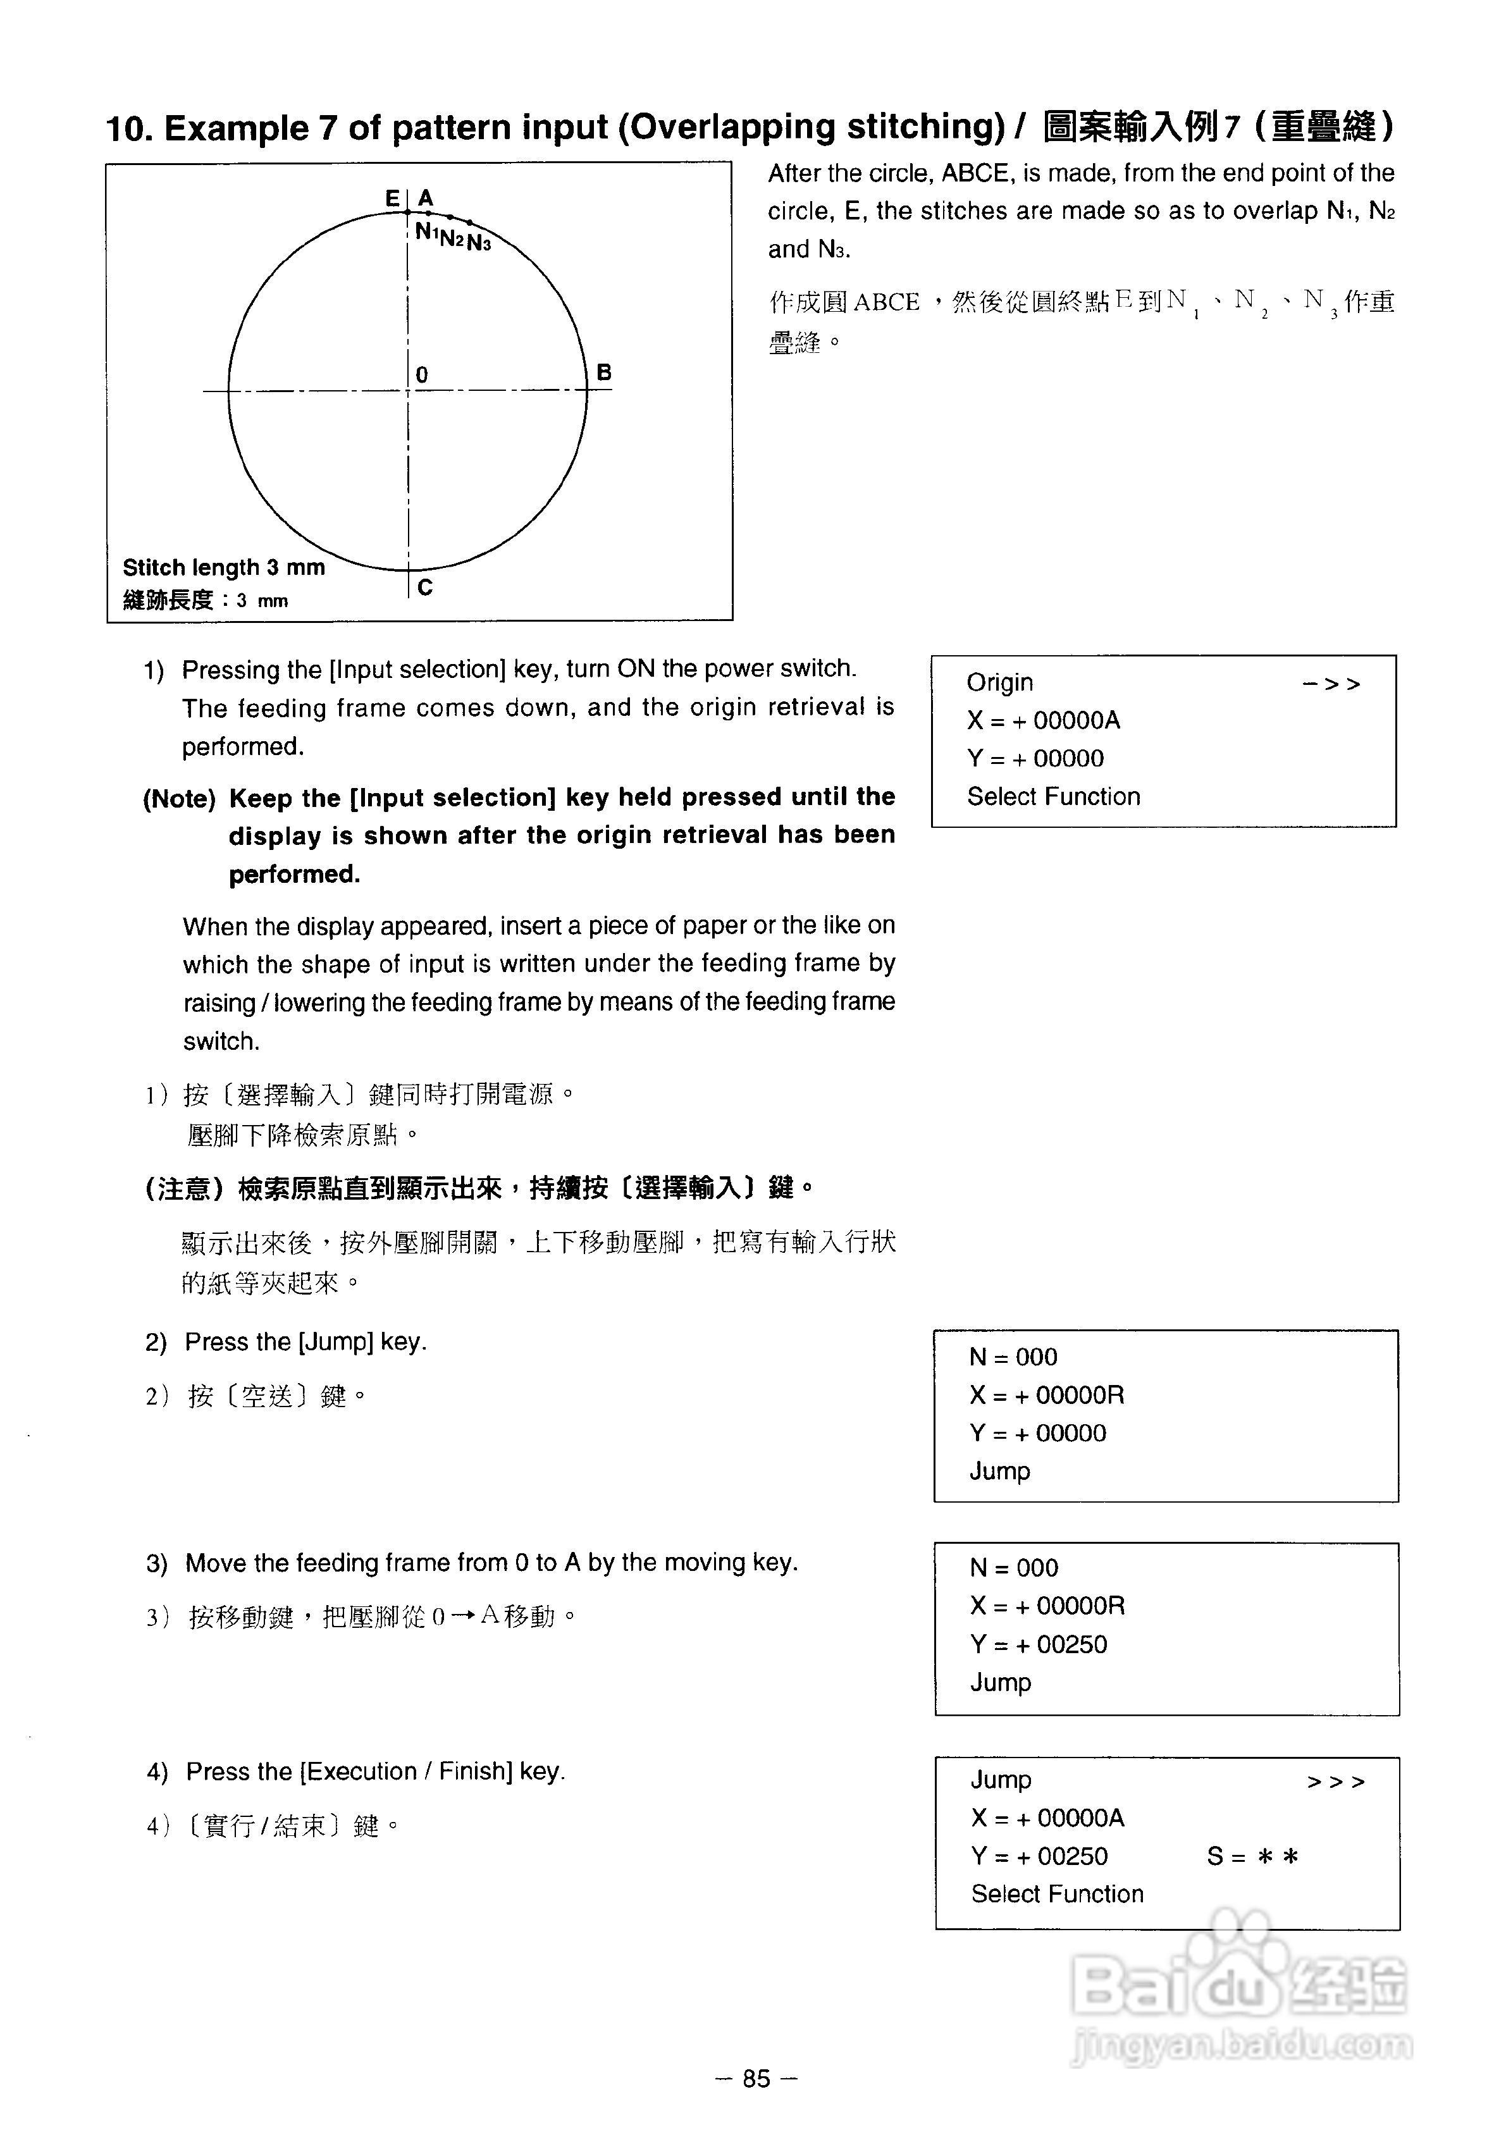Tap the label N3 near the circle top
(479, 243)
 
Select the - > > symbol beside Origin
(1331, 684)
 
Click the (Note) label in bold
(178, 798)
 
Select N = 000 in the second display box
(1013, 1357)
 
